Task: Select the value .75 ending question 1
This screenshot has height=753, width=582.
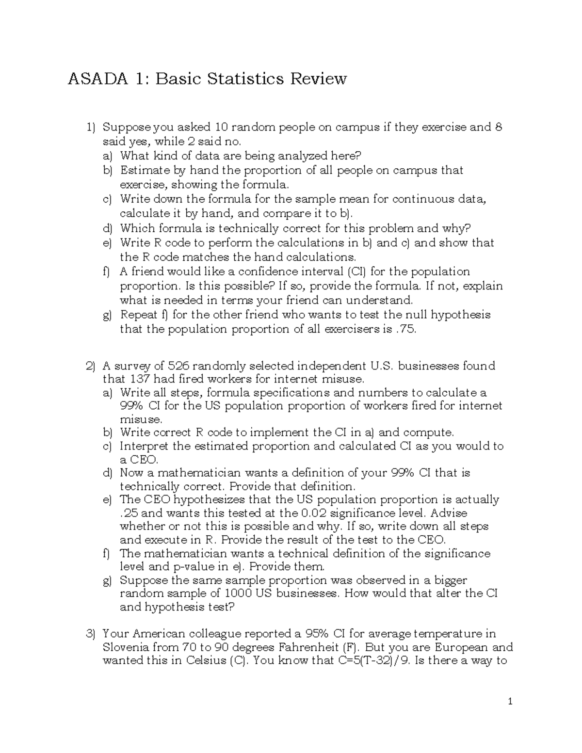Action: point(405,329)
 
